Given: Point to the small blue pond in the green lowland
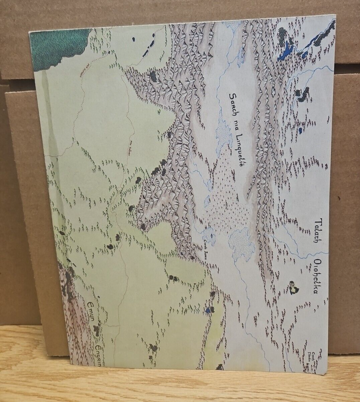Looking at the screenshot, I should [x=208, y=310].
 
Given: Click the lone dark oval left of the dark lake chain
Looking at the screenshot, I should [x=133, y=39].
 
